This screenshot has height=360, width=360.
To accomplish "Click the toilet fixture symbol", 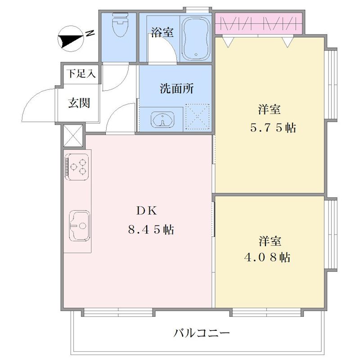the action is click(x=120, y=25).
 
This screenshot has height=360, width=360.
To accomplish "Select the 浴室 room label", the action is click(x=162, y=32).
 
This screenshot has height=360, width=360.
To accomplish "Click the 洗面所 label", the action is click(x=177, y=88).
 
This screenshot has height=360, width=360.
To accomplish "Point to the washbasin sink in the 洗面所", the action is click(x=162, y=119).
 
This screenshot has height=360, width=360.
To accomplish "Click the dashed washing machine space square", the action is click(x=198, y=117).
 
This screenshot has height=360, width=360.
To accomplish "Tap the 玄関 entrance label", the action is click(x=79, y=103).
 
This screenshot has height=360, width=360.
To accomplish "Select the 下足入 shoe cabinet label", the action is click(x=81, y=74).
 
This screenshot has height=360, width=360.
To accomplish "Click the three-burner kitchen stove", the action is click(x=77, y=167).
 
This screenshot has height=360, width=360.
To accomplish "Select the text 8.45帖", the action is click(x=151, y=229).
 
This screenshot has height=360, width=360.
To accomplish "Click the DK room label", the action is click(x=147, y=211).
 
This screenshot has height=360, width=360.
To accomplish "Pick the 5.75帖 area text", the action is click(x=273, y=128).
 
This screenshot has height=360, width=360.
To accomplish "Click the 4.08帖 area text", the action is click(x=267, y=257).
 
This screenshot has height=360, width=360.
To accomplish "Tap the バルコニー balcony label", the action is click(x=201, y=333).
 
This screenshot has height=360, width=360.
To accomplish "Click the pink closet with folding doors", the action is click(x=258, y=23).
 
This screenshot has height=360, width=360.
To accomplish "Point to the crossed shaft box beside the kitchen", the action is click(x=73, y=135).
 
